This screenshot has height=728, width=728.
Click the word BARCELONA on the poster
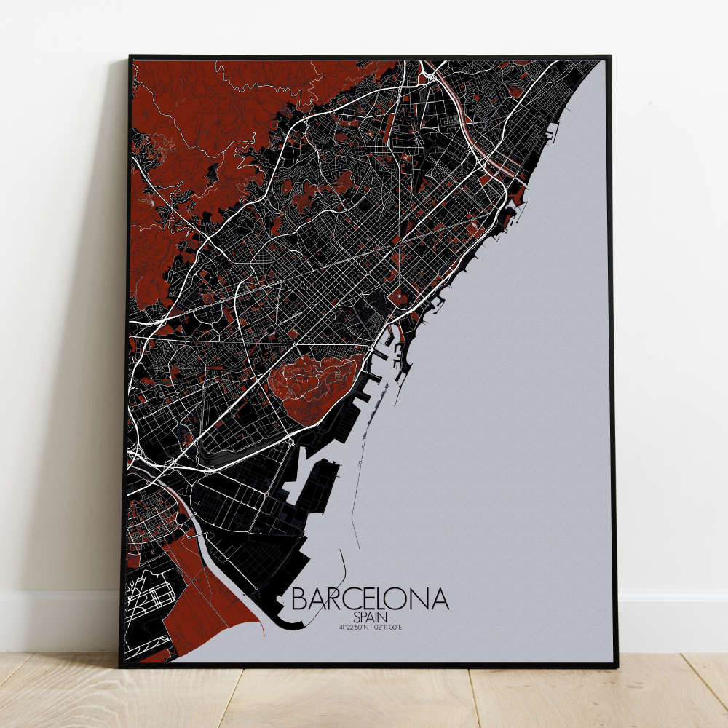370,598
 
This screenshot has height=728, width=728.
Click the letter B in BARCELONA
299,598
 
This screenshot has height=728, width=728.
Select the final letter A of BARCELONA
440,598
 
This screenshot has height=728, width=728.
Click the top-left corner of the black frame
131,57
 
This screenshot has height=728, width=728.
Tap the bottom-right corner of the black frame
615,665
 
